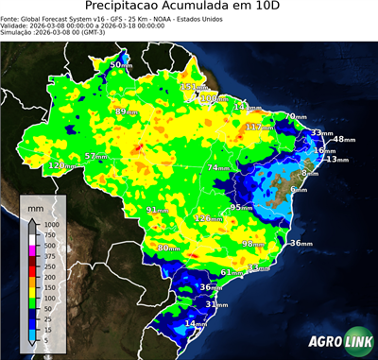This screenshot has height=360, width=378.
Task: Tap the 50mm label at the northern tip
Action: coord(121,64)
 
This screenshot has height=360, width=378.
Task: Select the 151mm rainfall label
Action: coord(192,87)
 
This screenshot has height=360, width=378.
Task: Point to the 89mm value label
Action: coord(124,111)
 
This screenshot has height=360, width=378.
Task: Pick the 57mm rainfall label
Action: coord(96,156)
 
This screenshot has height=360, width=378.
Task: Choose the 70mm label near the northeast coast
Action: coord(295,116)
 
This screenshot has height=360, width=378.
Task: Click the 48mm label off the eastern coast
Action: coord(344,139)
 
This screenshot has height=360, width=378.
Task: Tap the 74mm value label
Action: coord(218,167)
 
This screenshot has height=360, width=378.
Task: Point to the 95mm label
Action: coord(242,207)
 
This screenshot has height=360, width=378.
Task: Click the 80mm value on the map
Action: coord(168,248)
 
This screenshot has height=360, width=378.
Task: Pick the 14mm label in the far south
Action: coord(195,323)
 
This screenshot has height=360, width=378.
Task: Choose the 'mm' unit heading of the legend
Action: coord(36,206)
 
